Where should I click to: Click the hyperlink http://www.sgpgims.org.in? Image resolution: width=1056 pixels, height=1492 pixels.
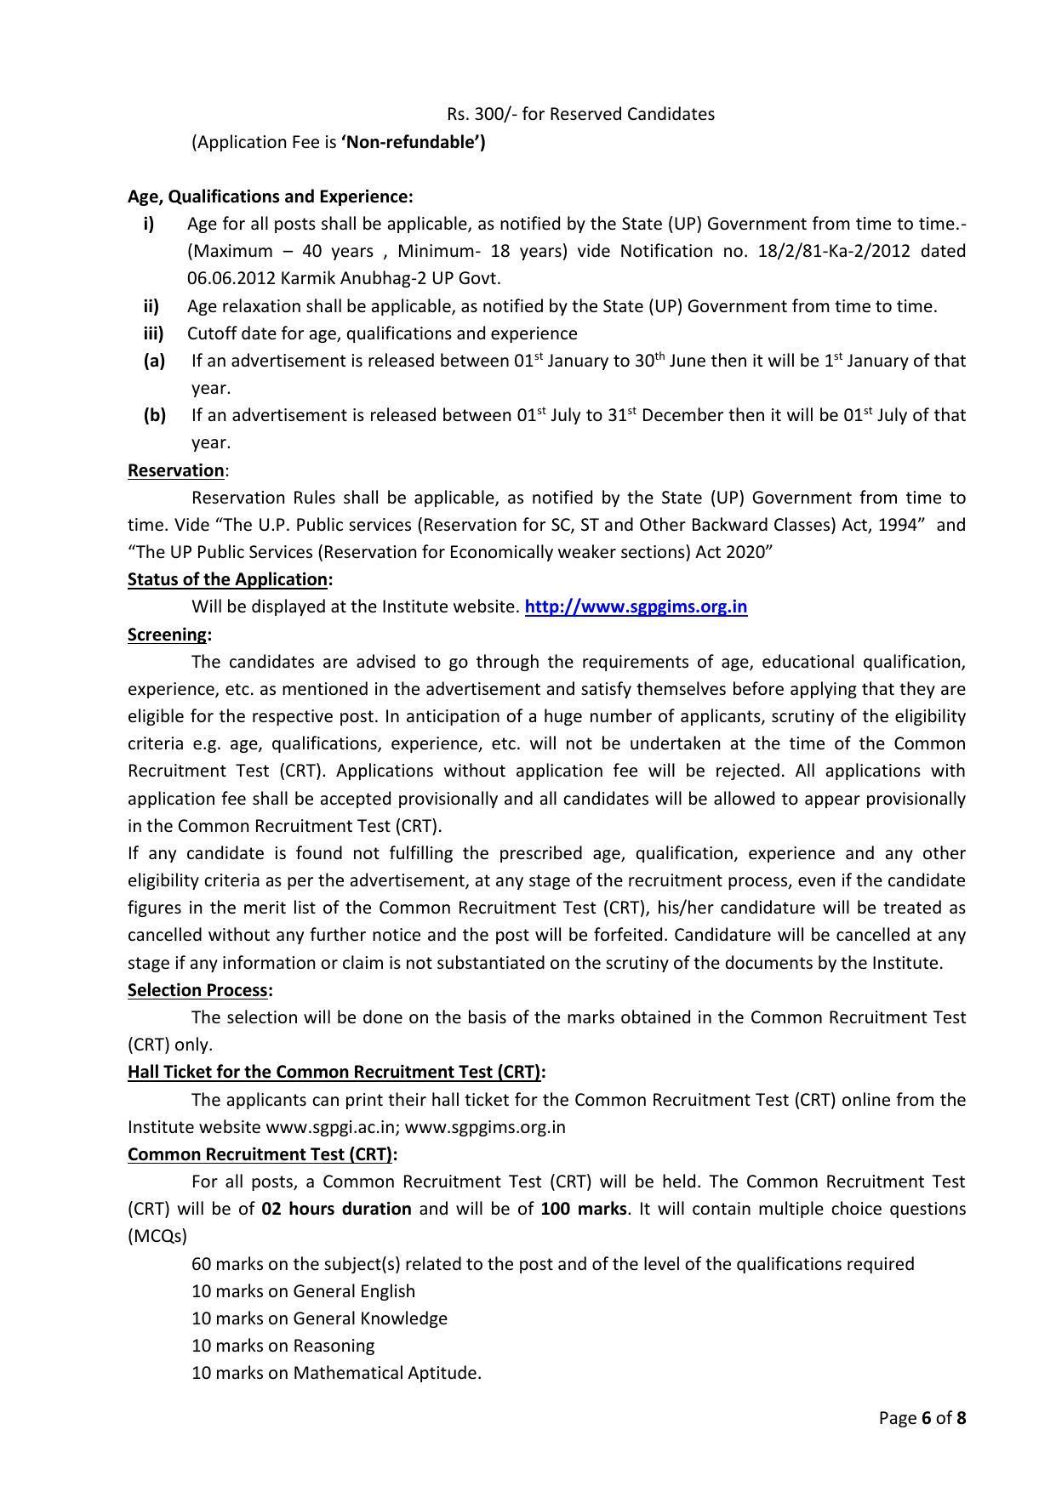coord(636,606)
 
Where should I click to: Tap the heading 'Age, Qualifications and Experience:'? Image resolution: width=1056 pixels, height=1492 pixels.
coord(270,196)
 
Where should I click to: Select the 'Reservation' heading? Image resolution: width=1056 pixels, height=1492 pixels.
coord(175,470)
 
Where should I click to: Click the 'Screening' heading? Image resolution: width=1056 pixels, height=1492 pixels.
coord(168,635)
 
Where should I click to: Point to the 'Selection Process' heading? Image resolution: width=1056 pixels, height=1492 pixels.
coord(198,990)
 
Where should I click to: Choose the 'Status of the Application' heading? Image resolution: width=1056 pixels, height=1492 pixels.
coord(228,579)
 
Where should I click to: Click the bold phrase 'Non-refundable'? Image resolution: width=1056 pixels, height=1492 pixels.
coord(413,142)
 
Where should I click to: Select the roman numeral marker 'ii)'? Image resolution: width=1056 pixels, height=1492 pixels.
coord(151,306)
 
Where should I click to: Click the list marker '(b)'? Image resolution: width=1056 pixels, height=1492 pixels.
coord(154,415)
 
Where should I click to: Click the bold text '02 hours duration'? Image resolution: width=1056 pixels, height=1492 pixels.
coord(336,1209)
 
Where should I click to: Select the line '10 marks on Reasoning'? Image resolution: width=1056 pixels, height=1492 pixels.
coord(283,1346)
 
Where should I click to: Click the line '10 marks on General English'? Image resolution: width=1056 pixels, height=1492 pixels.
coord(303,1291)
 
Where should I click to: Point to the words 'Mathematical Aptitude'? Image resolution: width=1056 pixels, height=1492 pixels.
coord(386,1373)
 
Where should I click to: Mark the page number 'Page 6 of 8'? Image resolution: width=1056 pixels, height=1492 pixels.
coord(922,1418)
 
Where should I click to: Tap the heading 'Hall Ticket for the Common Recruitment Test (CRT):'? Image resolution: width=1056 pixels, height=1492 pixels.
coord(336,1072)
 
